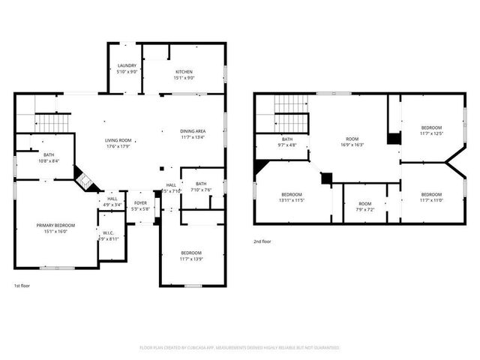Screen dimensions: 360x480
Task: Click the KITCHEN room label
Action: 184,72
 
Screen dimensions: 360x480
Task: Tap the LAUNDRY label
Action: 127,66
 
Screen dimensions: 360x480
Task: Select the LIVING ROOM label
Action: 118,140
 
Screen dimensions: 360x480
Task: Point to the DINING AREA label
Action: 193,131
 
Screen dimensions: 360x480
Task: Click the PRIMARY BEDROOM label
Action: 55,225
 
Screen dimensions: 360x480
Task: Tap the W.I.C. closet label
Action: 108,233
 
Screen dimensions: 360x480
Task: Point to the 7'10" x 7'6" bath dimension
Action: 201,190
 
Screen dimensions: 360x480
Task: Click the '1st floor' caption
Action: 22,286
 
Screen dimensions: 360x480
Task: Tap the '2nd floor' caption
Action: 262,241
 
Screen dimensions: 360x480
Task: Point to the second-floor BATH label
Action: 287,139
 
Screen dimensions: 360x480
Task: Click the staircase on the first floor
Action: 53,122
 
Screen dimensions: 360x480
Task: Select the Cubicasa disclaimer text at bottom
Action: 240,347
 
